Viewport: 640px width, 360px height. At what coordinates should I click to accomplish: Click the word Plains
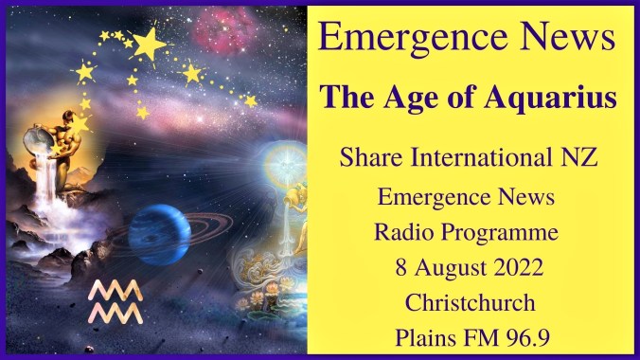pos(426,336)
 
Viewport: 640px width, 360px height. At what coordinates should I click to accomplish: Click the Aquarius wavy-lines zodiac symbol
pos(115,300)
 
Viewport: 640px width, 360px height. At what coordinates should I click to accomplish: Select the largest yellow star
pos(148,42)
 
